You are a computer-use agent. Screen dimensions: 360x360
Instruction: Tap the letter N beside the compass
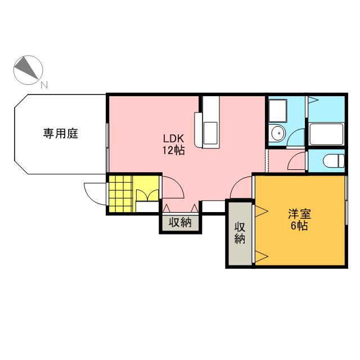point(44,85)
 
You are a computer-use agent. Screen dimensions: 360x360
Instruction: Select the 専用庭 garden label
point(60,134)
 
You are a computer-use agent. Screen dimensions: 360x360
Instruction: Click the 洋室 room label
point(298,214)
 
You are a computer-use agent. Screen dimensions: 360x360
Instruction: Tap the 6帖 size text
point(298,226)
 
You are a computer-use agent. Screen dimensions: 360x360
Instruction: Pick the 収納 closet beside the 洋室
point(240,233)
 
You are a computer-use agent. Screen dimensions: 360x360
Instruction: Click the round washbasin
point(277,133)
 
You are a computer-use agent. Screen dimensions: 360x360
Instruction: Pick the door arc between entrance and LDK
point(172,187)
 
